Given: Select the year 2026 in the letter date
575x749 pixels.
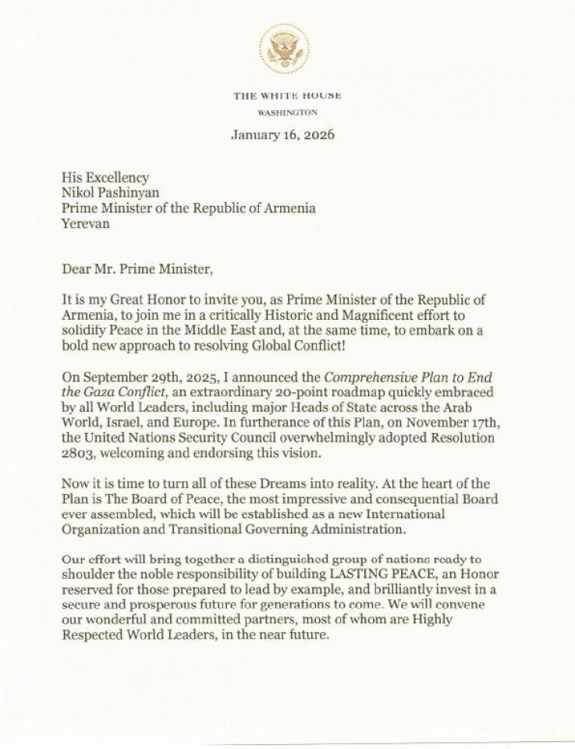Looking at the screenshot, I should point(318,134).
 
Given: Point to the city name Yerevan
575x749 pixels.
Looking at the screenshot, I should point(86,223).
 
